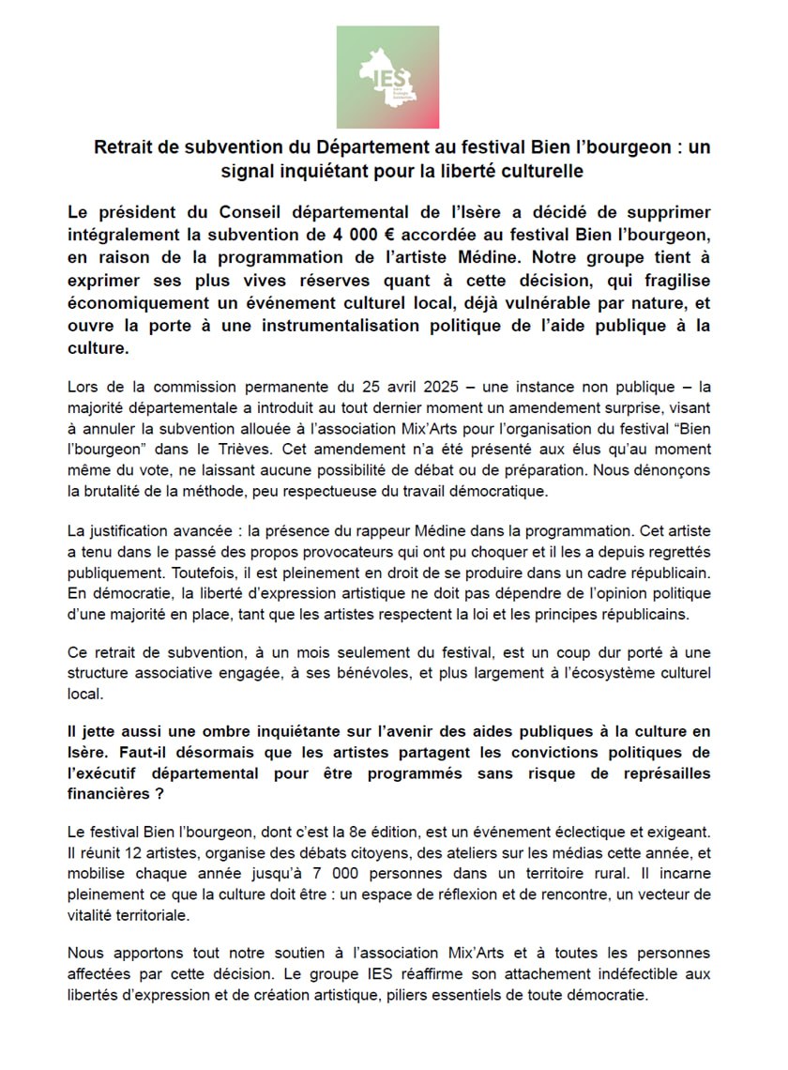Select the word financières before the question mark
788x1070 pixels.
coord(110,792)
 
